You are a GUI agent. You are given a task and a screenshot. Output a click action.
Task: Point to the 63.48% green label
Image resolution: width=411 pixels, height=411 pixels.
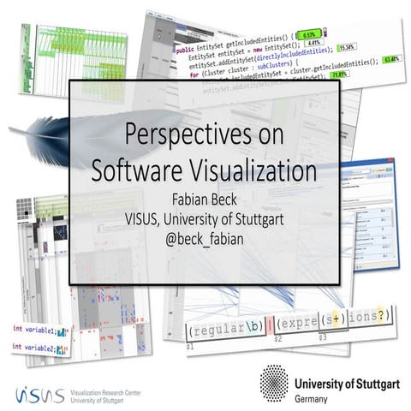coord(391,59)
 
